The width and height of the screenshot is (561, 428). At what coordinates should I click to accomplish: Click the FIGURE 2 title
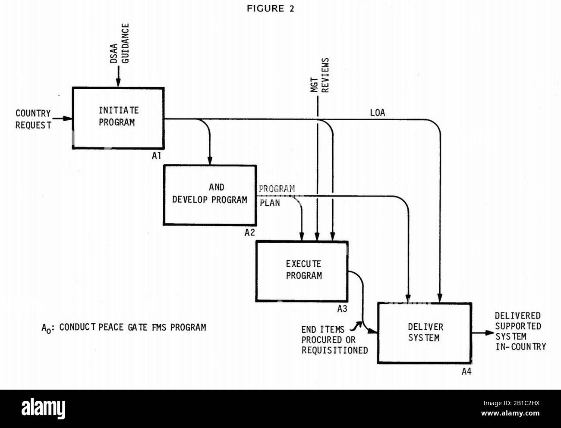tap(271, 9)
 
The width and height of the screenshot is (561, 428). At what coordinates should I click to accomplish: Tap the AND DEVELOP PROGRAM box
tap(210, 195)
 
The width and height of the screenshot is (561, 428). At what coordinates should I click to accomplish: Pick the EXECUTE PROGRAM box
tap(302, 271)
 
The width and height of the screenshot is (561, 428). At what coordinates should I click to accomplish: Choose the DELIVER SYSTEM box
tap(425, 332)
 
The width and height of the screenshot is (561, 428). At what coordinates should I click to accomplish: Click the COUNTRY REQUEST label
tap(33, 119)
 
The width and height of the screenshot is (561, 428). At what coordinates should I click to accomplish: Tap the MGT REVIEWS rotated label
tap(320, 76)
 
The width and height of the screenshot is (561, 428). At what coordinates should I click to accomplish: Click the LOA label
tap(378, 113)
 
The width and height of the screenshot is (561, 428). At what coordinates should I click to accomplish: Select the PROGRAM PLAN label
tap(276, 195)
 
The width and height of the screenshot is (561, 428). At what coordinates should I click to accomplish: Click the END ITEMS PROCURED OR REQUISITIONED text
tap(334, 340)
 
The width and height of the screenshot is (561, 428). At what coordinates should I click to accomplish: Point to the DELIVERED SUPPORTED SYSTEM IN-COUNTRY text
tap(520, 331)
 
